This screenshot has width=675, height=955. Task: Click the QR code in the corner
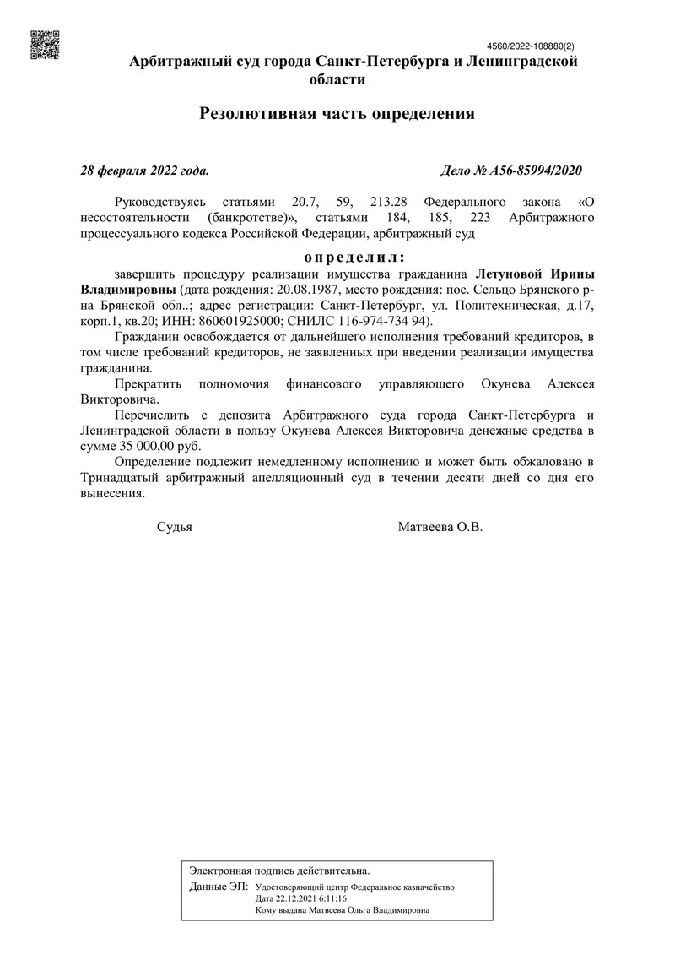[45, 45]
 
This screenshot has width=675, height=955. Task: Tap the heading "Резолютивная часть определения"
[337, 113]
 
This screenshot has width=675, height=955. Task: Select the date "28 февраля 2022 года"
[144, 171]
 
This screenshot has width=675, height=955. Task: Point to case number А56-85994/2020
[512, 171]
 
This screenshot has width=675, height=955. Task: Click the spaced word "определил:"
[354, 256]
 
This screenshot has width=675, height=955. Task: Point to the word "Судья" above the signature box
[175, 527]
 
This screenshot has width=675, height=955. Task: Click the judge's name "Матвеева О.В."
[440, 527]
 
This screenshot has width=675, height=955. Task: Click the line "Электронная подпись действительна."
[279, 870]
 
